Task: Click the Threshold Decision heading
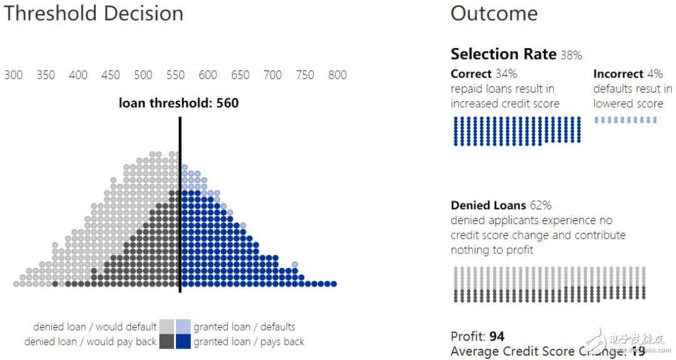[x=94, y=14]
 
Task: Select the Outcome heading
[x=494, y=14]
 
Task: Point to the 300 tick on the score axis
[x=13, y=75]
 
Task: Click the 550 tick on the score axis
[x=175, y=75]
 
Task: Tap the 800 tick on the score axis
[x=337, y=75]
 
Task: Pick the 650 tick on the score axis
[x=240, y=75]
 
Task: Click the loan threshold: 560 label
[x=178, y=103]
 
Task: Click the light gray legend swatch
[x=166, y=326]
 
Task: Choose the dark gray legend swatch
[x=166, y=341]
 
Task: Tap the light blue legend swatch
[x=183, y=326]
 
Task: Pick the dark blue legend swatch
[x=183, y=341]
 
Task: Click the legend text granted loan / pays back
[x=248, y=342]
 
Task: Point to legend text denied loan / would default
[x=95, y=327]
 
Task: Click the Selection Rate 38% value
[x=571, y=56]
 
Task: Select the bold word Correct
[x=471, y=74]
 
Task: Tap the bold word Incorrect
[x=618, y=74]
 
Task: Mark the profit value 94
[x=497, y=337]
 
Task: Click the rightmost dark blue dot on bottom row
[x=334, y=284]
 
